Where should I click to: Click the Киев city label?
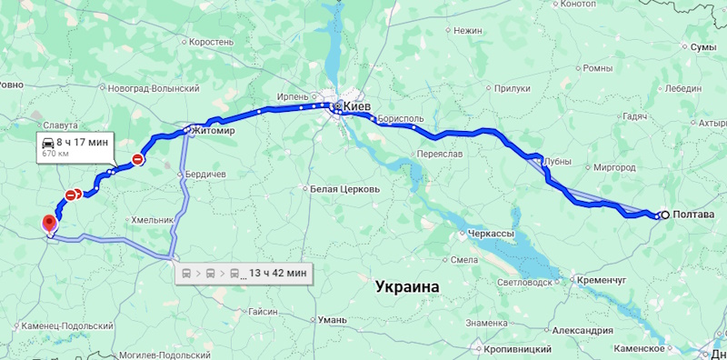pyautogui.click(x=358, y=106)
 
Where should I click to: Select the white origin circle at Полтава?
pyautogui.click(x=665, y=215)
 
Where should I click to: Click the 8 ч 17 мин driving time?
pyautogui.click(x=82, y=142)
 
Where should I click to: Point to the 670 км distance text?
pyautogui.click(x=56, y=155)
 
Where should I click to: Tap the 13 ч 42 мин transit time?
pyautogui.click(x=278, y=273)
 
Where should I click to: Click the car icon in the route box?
pyautogui.click(x=45, y=143)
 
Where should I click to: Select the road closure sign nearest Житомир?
pyautogui.click(x=137, y=160)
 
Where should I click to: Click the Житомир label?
pyautogui.click(x=214, y=131)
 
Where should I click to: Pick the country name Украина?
pyautogui.click(x=407, y=286)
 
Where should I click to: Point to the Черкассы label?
pyautogui.click(x=491, y=234)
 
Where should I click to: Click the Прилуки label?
pyautogui.click(x=513, y=89)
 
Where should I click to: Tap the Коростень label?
pyautogui.click(x=211, y=43)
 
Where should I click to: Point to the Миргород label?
pyautogui.click(x=608, y=167)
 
